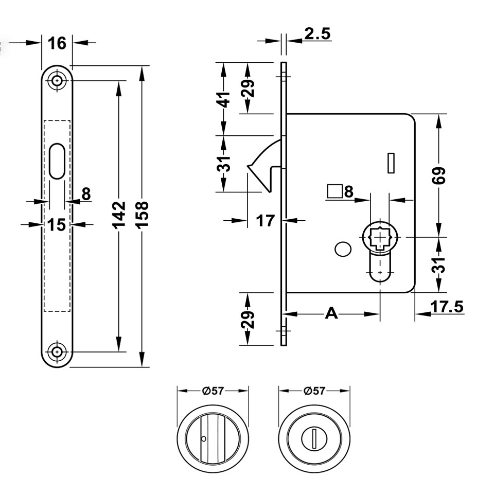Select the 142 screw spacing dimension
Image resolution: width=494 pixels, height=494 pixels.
[x=119, y=215]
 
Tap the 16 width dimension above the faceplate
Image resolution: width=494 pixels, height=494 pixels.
[x=57, y=43]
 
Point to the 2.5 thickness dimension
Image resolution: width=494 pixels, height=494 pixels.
[x=317, y=33]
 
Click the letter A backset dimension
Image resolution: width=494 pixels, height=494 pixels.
[x=331, y=313]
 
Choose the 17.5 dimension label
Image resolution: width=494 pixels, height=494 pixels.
[x=447, y=307]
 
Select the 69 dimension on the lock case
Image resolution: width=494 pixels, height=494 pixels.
[x=439, y=175]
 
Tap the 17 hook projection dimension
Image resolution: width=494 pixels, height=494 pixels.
[x=266, y=221]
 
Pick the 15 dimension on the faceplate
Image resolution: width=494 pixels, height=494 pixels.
[x=57, y=225]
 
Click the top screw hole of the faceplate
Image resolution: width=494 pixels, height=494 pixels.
[x=57, y=81]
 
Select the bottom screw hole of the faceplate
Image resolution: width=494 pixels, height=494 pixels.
[x=57, y=351]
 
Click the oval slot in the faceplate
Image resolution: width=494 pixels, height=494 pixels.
[x=57, y=161]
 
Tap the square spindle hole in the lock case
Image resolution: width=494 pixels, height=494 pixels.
[x=380, y=237]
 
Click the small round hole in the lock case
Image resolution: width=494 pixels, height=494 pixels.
[x=343, y=249]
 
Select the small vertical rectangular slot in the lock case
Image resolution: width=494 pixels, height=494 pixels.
[x=391, y=163]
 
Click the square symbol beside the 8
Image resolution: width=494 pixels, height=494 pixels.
[x=335, y=191]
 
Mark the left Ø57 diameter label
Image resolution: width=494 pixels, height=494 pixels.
[x=213, y=391]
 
